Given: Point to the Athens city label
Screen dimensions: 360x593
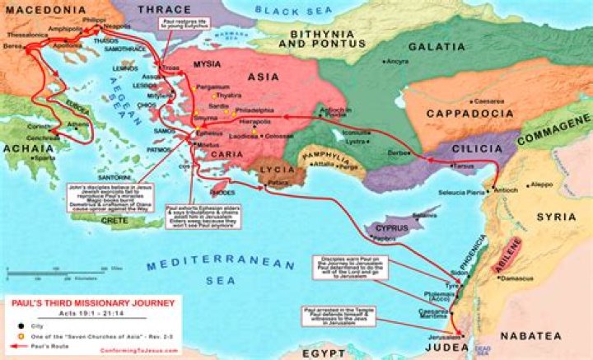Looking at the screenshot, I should (x=78, y=126).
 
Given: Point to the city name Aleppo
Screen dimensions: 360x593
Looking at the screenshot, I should (x=543, y=185).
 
